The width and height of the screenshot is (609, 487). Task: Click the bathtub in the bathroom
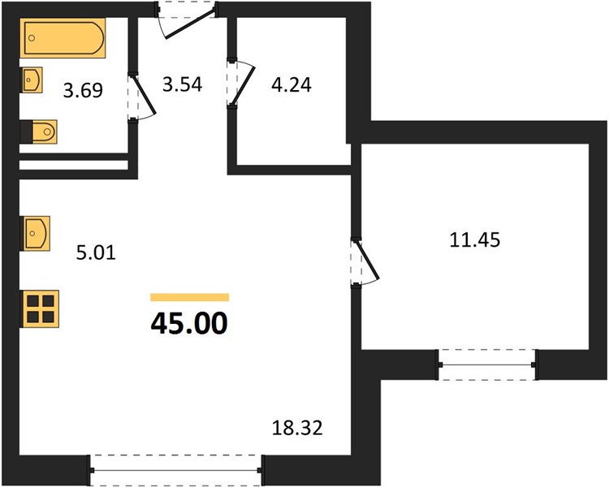[63, 37]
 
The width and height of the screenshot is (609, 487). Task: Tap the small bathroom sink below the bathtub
[31, 80]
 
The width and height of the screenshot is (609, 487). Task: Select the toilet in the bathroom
[38, 131]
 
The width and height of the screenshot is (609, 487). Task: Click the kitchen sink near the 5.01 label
[35, 233]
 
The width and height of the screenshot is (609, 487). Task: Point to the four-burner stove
[40, 308]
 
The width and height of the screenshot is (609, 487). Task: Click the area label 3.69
[83, 91]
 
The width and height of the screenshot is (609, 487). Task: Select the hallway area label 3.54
[182, 84]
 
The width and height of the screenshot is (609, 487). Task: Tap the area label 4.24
[292, 85]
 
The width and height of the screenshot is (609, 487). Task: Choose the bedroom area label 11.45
[475, 239]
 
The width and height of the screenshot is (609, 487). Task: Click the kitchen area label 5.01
[96, 253]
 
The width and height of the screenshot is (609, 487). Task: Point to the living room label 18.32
[297, 429]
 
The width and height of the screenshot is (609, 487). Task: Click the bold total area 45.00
[189, 324]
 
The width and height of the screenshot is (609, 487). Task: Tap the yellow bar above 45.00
[189, 298]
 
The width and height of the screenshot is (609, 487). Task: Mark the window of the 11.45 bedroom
[487, 364]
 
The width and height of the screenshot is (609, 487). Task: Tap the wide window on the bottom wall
[176, 470]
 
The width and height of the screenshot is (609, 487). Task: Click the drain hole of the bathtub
[32, 37]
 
